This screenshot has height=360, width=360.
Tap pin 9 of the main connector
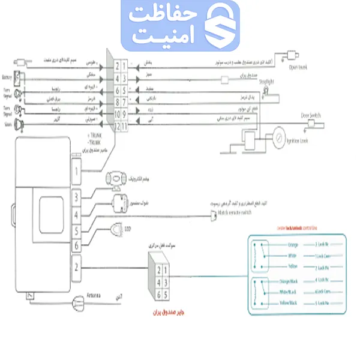(x=124, y=113)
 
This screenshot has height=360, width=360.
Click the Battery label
(x=7, y=77)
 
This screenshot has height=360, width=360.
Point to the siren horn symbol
(x=20, y=125)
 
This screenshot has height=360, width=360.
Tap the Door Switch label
(x=313, y=116)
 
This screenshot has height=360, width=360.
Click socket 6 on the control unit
(x=76, y=245)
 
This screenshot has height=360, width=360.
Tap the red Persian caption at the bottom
(x=159, y=313)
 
